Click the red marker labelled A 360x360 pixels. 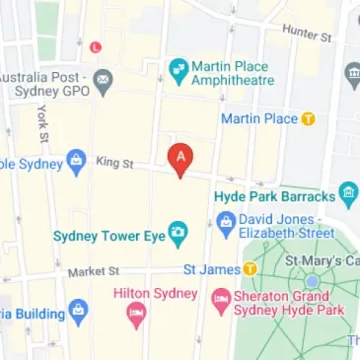180,158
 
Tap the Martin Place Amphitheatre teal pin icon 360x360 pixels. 178,69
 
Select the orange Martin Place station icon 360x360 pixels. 309,118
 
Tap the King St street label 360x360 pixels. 113,163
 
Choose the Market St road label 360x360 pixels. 93,270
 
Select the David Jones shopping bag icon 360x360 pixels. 226,223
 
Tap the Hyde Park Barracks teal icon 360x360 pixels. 347,192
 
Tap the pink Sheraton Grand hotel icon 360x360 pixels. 220,297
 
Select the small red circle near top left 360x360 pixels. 95,45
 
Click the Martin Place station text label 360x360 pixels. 259,119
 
